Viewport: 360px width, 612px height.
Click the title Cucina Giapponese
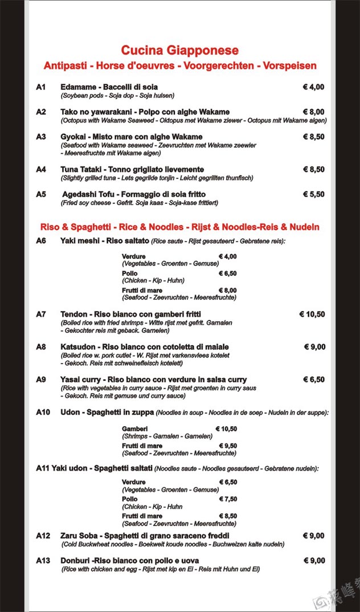tap(179, 51)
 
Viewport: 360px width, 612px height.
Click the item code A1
tap(40, 87)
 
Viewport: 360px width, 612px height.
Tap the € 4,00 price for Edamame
tap(313, 87)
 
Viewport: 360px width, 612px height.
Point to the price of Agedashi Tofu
tap(313, 194)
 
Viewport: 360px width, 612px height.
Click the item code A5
tap(40, 194)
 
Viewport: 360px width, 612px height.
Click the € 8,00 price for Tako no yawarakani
tap(313, 112)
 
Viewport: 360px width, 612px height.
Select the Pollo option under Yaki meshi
tap(129, 274)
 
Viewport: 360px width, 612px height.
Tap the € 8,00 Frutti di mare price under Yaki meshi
tap(227, 290)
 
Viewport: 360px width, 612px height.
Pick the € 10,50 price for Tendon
tap(312, 314)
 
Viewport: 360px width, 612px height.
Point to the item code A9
tap(40, 380)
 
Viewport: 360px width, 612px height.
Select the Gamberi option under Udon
tap(134, 429)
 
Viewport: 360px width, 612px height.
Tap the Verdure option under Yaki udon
tap(133, 482)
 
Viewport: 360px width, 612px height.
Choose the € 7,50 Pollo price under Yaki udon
tap(228, 499)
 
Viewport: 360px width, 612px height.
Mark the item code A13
tap(43, 561)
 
